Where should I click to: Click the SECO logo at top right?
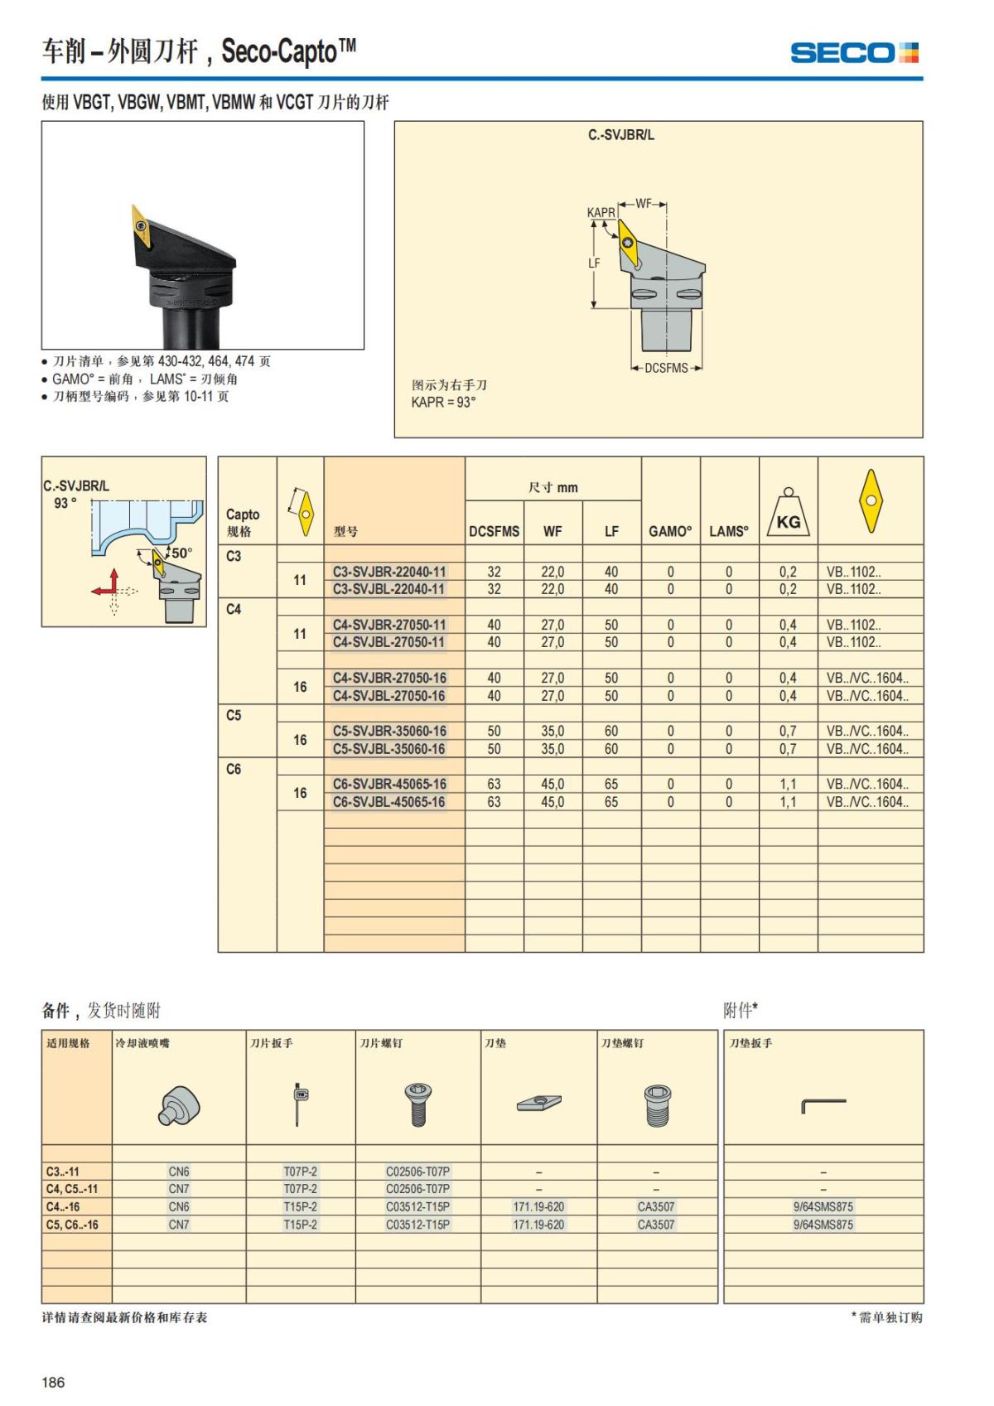tap(854, 53)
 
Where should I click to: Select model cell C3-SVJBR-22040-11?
tap(389, 572)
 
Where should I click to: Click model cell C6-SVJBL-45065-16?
tap(389, 802)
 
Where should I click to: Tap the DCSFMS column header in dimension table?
tap(495, 532)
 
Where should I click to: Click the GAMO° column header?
tap(670, 532)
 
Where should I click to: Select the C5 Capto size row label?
tap(234, 715)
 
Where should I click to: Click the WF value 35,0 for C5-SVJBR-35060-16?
tap(552, 732)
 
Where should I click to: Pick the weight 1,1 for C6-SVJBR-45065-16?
tap(788, 785)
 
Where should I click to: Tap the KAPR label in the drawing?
tap(601, 213)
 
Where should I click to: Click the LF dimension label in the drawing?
tap(594, 263)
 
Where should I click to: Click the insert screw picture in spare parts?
tap(418, 1104)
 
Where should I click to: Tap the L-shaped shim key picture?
tap(823, 1105)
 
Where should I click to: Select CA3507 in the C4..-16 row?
tap(656, 1207)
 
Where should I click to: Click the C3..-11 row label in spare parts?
tap(62, 1172)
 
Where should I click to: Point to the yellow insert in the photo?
tap(142, 225)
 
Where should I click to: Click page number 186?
tap(53, 1382)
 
